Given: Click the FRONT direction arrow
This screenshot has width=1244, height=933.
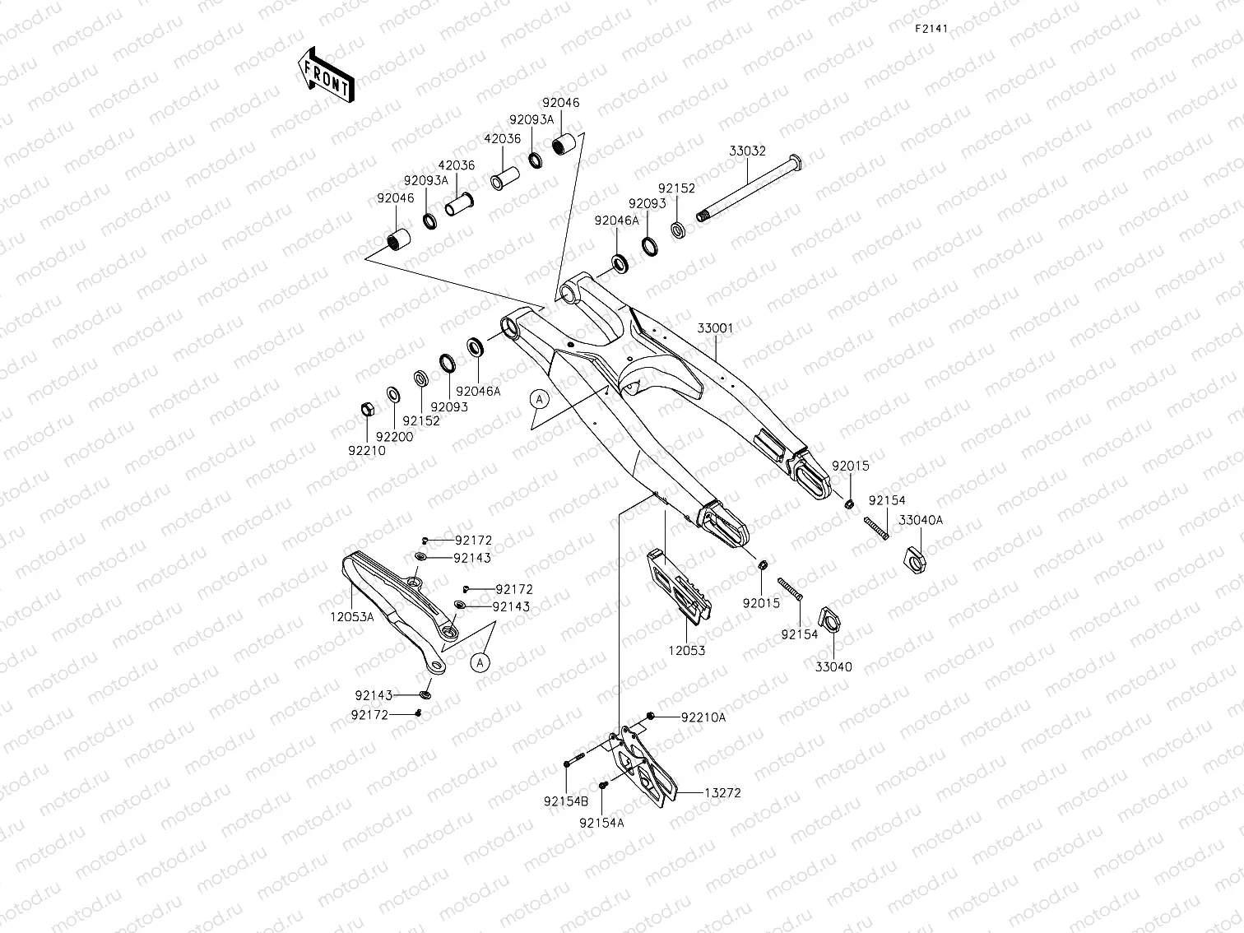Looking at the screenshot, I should (x=326, y=75).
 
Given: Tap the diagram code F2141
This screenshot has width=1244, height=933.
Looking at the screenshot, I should (x=932, y=28).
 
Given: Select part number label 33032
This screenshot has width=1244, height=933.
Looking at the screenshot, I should (x=747, y=151).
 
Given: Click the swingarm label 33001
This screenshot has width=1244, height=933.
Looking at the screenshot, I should (x=715, y=327).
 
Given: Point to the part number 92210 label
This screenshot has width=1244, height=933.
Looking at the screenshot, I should (x=366, y=451).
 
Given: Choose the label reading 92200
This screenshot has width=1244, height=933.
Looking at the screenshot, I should (x=394, y=437).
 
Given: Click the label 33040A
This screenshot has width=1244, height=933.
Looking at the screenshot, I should (x=921, y=520).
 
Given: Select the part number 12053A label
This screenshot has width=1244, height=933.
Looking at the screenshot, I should (x=352, y=616).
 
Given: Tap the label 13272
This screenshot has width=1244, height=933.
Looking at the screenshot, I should (x=722, y=793).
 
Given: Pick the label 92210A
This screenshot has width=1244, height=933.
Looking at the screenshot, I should (x=703, y=717).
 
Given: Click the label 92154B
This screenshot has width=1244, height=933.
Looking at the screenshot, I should (x=566, y=801).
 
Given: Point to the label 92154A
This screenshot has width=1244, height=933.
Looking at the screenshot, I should (x=601, y=822).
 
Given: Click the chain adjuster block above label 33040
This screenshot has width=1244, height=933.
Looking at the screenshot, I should (x=829, y=620).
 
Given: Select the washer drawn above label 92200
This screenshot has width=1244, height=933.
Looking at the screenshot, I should (x=393, y=395).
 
